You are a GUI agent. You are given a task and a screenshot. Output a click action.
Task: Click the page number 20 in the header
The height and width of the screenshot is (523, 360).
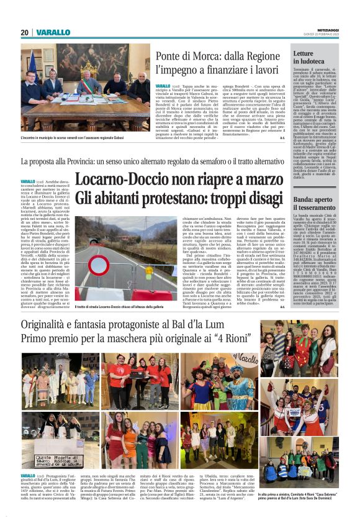[24, 33]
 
